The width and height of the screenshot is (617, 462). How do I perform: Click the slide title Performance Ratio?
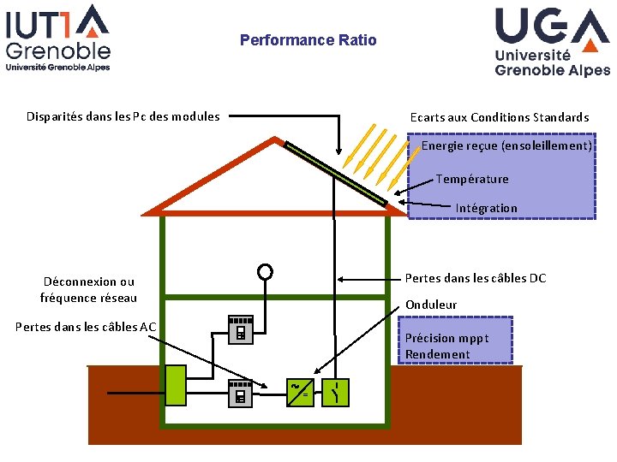(x=308, y=40)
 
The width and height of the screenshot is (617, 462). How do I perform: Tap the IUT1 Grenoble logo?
(x=58, y=38)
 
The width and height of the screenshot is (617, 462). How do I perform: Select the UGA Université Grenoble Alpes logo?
(x=552, y=42)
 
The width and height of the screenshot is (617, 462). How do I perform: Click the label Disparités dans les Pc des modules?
(x=123, y=116)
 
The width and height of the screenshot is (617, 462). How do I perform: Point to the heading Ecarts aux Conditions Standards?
(x=500, y=117)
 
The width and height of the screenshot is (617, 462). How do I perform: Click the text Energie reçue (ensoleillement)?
(x=506, y=145)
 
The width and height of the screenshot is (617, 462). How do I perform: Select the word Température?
(x=472, y=179)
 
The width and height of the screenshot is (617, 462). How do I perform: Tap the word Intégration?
(x=487, y=208)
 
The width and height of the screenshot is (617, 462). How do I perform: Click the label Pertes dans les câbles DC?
(x=476, y=278)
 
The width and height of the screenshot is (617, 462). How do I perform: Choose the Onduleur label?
(x=431, y=305)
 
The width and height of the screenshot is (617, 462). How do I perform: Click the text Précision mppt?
(x=447, y=338)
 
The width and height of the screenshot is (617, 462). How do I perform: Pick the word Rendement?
(x=438, y=354)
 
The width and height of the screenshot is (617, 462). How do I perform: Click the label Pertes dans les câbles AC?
(x=86, y=327)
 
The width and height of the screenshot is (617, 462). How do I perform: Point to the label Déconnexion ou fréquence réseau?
(x=88, y=289)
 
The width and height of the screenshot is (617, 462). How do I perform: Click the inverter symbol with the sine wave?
(x=300, y=392)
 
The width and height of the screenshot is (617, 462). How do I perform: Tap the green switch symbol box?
(x=335, y=392)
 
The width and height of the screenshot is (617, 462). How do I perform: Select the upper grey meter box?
(x=241, y=329)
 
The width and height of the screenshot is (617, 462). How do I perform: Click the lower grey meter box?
(x=241, y=394)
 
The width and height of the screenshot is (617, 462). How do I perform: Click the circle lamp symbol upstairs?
(x=265, y=271)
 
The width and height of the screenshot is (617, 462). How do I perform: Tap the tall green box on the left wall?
(x=176, y=385)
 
